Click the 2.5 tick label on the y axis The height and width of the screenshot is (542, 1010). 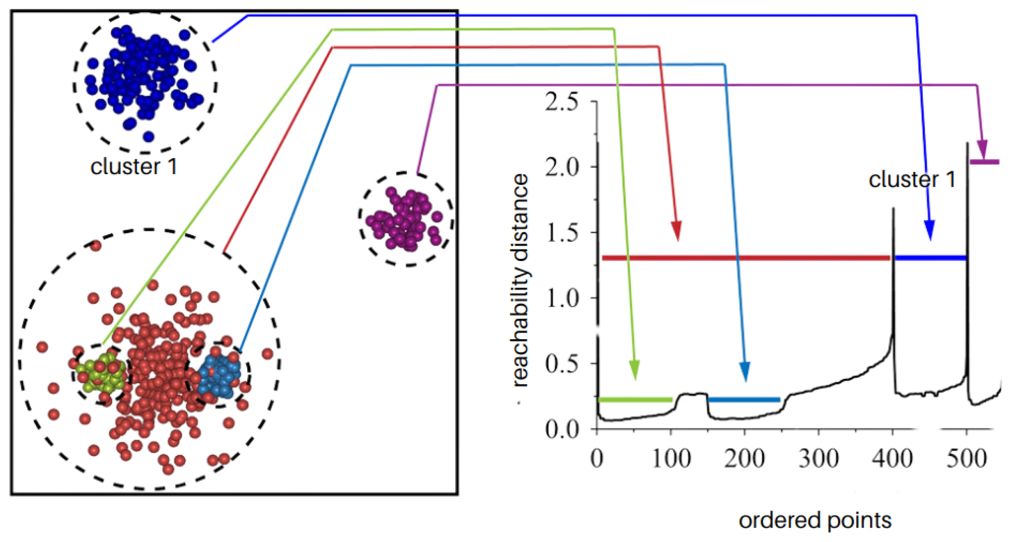562,103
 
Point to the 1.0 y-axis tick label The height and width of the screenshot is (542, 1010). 562,299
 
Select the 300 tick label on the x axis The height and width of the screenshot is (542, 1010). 818,459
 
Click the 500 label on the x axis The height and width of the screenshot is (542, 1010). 966,459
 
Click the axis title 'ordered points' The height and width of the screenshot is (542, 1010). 815,520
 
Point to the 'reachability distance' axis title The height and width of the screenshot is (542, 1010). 520,280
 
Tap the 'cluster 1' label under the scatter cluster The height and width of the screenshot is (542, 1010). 134,167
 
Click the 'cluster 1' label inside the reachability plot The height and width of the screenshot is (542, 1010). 912,179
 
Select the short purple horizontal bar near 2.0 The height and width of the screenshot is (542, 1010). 984,162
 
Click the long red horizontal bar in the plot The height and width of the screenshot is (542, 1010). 745,258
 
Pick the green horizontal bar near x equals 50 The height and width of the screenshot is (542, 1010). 635,400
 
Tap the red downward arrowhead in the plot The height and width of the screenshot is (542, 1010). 676,230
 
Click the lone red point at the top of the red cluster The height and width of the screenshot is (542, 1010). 96,246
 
